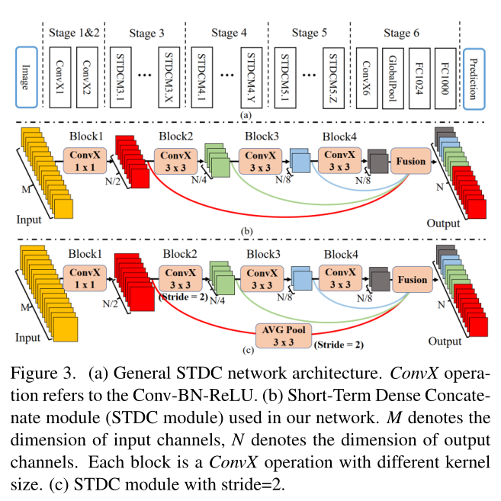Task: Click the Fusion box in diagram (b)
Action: pos(411,162)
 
